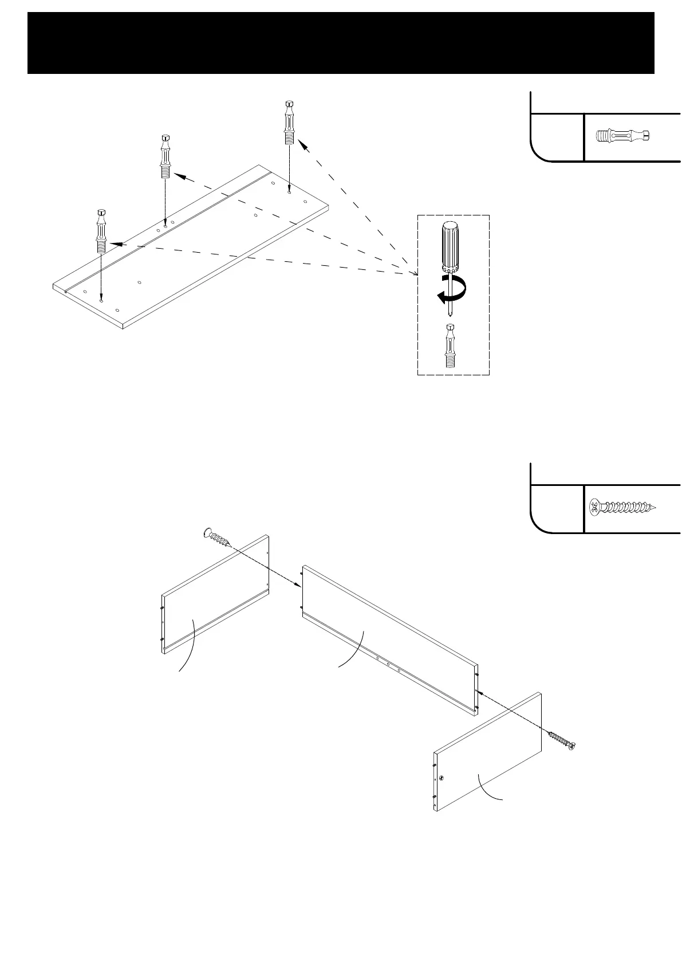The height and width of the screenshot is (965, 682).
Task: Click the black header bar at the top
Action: tap(341, 43)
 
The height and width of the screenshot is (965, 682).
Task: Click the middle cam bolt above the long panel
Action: tap(165, 156)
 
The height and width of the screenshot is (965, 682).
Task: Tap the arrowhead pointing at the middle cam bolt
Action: tap(179, 176)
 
